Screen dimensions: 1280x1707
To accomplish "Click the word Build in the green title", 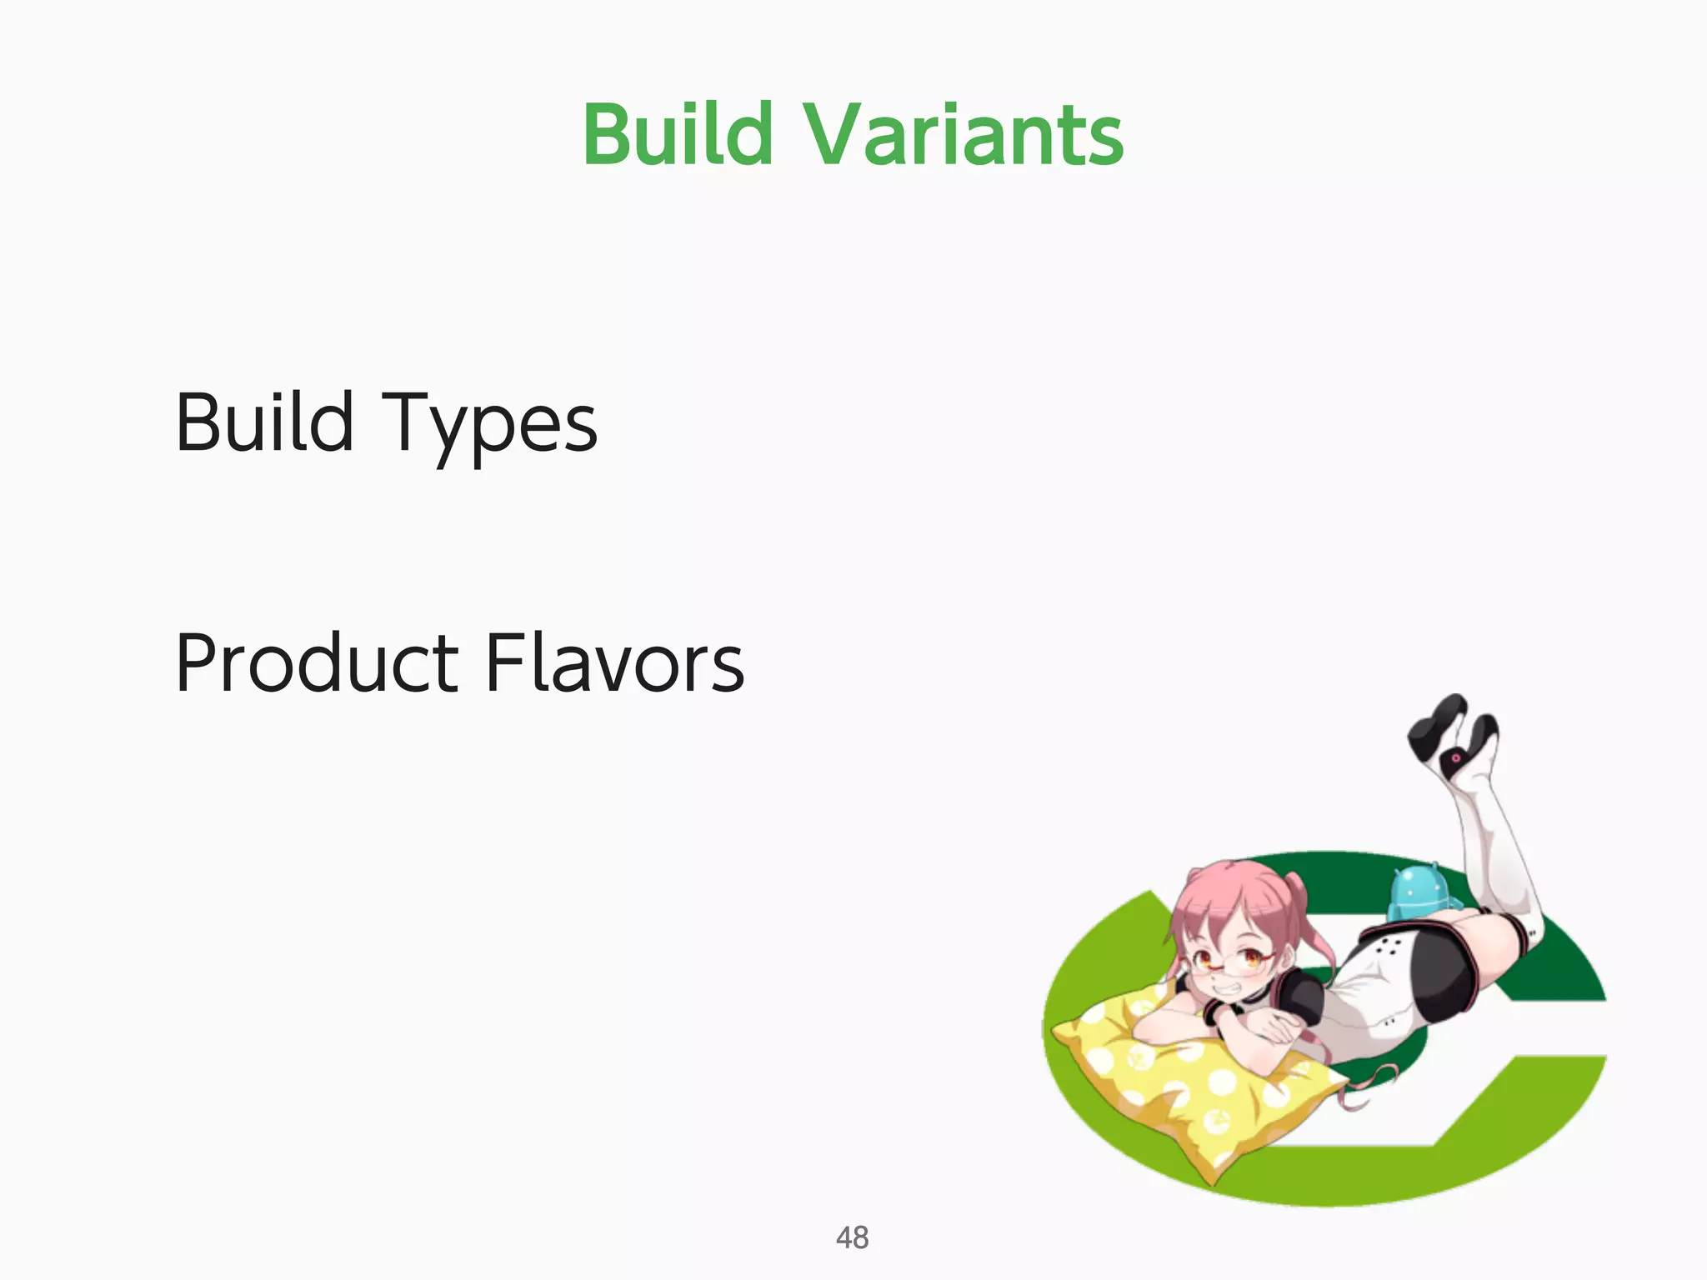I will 678,134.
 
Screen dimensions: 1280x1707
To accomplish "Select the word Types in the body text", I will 489,425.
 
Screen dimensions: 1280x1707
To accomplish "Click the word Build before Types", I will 264,422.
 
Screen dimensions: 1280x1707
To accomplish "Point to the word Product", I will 317,663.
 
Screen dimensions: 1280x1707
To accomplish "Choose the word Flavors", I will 614,663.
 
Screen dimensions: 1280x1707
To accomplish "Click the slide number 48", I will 852,1237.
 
